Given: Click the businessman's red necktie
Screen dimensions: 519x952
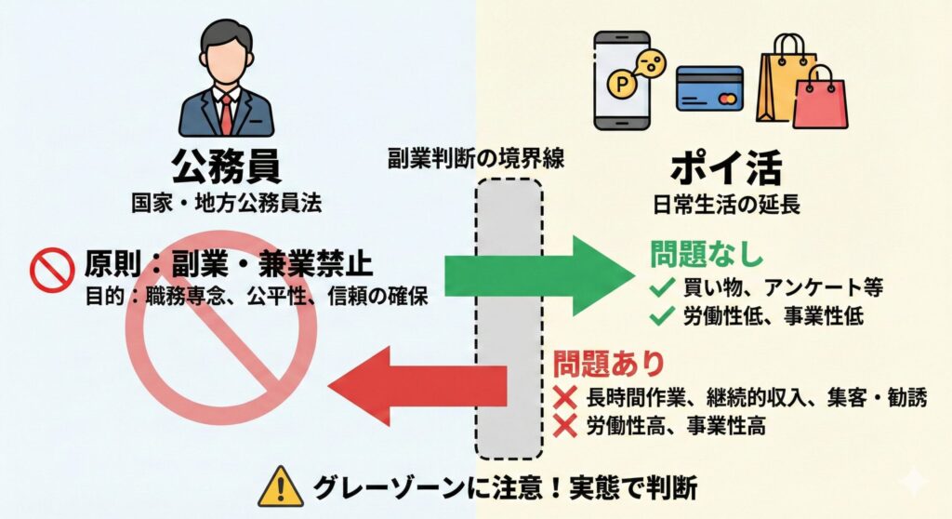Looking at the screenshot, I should pyautogui.click(x=226, y=113).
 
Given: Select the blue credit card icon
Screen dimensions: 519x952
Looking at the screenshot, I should pyautogui.click(x=708, y=88).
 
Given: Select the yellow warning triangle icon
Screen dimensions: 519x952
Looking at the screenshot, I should pyautogui.click(x=280, y=486).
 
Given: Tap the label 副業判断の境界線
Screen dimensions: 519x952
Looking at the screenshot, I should pyautogui.click(x=476, y=158).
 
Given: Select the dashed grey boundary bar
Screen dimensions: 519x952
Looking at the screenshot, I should pyautogui.click(x=508, y=316).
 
